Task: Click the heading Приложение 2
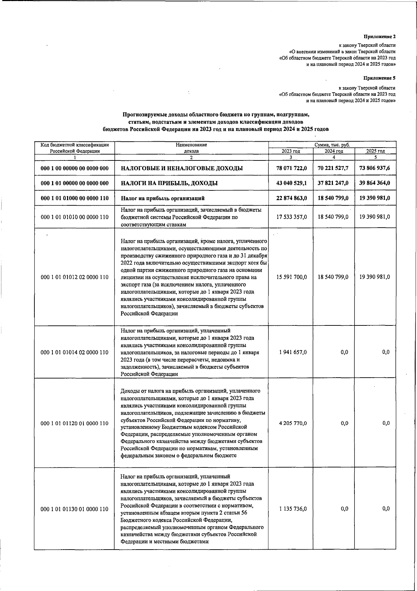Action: coord(379,37)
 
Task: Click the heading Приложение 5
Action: coord(379,78)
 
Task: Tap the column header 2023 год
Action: coord(291,151)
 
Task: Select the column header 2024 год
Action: coord(334,151)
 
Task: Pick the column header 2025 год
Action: coord(375,151)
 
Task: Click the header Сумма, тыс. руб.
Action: coord(332,145)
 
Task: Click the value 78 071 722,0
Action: coord(292,168)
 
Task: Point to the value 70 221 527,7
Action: coord(333,168)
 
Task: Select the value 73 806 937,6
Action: coord(375,168)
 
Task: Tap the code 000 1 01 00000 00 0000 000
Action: coord(75,183)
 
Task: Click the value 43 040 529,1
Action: coord(292,183)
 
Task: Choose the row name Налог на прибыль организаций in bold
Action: coord(162,198)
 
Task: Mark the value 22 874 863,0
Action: coord(292,198)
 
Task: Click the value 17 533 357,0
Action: coord(292,216)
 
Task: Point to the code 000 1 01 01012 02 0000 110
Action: coord(75,277)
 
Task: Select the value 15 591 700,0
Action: coord(292,277)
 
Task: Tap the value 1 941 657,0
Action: coord(293,352)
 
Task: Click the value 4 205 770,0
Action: coord(293,423)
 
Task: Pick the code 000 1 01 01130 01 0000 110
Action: coord(75,509)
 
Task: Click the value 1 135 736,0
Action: coord(293,509)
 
